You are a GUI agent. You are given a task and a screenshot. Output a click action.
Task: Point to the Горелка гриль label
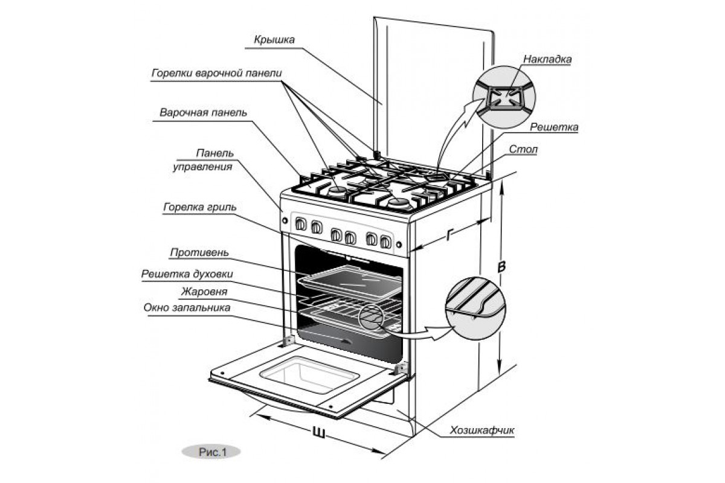(x=199, y=207)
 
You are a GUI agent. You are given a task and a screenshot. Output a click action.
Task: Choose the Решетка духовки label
(x=187, y=274)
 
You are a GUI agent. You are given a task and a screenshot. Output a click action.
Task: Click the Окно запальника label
(x=187, y=308)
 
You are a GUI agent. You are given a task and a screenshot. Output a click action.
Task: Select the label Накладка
(x=547, y=60)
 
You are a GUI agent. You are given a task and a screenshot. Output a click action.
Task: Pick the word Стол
(x=523, y=149)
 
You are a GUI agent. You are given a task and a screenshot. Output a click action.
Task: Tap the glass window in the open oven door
(x=306, y=374)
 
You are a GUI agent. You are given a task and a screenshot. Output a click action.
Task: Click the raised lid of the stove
(x=435, y=91)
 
